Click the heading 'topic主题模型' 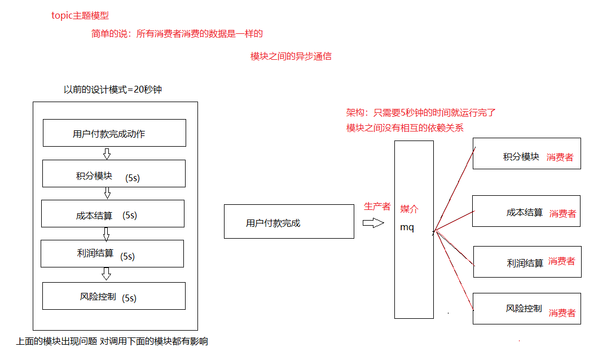pos(80,16)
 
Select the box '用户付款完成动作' pos(115,133)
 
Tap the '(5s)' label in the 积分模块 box pos(133,177)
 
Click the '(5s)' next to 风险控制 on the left pos(129,297)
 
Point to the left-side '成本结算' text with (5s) pos(94,216)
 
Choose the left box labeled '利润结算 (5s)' pos(112,253)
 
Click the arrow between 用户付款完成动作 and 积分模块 pos(107,153)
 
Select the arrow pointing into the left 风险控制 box pos(106,274)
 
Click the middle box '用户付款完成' pos(289,222)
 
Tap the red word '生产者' pos(377,207)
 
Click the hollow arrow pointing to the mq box pos(373,223)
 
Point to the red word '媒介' pos(409,209)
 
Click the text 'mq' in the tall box pos(407,228)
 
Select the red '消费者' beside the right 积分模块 pos(560,157)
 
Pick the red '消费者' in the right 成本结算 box pos(562,214)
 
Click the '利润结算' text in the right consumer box pos(525,263)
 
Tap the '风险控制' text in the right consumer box pos(524,309)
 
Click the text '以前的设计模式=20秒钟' pos(112,89)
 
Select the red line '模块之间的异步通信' pos(291,56)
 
